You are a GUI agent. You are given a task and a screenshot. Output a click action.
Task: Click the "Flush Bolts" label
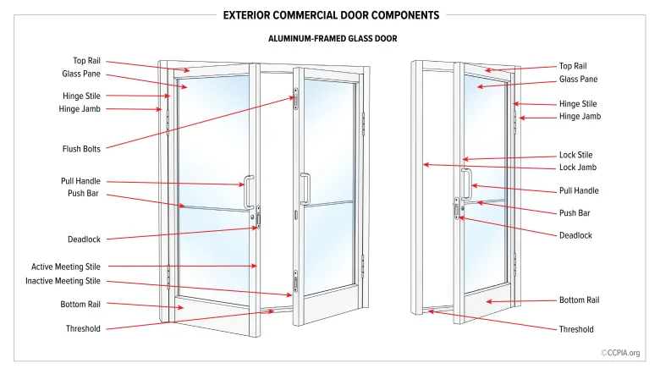[x=81, y=149]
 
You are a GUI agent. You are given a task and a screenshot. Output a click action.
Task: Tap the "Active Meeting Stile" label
[x=66, y=267]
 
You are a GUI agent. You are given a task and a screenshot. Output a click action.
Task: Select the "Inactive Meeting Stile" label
[x=63, y=281]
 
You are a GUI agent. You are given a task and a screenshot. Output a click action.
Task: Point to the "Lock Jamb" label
[x=577, y=168]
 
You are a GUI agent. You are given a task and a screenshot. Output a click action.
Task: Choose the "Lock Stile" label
[x=575, y=155]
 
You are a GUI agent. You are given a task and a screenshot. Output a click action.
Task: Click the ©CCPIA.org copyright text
[x=620, y=353]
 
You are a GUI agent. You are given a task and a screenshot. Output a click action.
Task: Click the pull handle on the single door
[x=466, y=184]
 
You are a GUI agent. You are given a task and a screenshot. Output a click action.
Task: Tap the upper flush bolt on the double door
[x=296, y=99]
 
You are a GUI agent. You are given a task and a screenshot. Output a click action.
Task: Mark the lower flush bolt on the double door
[x=295, y=282]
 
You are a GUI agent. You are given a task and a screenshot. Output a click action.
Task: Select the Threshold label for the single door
[x=576, y=329]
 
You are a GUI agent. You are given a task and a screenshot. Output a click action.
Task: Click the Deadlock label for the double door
[x=84, y=239]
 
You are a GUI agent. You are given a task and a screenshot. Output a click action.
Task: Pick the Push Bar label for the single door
[x=575, y=213]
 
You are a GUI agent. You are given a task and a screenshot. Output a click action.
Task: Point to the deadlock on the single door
[x=457, y=209]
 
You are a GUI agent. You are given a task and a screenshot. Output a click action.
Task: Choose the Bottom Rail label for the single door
[x=579, y=300]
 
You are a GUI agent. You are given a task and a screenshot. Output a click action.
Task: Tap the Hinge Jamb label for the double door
[x=80, y=109]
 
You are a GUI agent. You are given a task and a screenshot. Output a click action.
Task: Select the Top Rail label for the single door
[x=573, y=66]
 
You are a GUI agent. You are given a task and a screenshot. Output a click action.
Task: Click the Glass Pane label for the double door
[x=81, y=74]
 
